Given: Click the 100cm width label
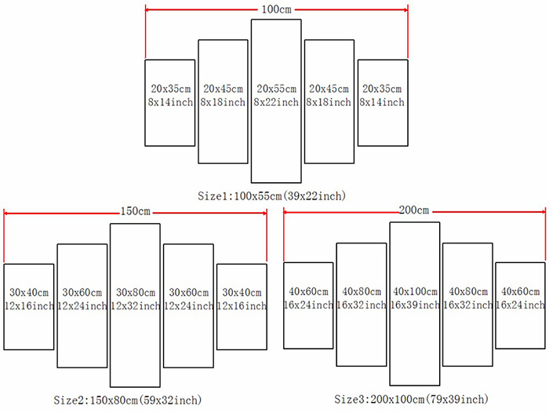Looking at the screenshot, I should click(276, 9).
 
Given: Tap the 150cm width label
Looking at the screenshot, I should click(135, 211).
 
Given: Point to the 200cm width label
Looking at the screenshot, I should click(414, 210).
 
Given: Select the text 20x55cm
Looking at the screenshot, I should click(276, 89).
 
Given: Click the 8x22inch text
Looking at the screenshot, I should click(276, 102).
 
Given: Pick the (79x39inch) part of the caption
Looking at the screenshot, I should click(461, 400).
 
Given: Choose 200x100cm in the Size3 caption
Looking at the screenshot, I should click(399, 400).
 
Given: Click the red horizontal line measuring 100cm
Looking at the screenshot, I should click(196, 9).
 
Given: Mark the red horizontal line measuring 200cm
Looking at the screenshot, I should click(337, 210).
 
